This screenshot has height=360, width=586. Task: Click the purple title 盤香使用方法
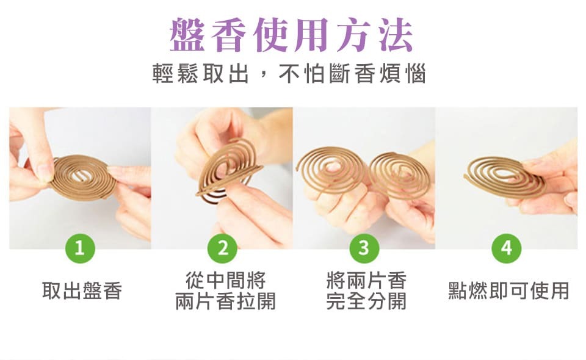292,35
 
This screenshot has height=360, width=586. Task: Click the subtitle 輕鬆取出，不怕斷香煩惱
289,74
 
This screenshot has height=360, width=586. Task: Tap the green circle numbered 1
80,248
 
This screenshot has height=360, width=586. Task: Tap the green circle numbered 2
222,248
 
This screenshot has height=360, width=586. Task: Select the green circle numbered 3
364,248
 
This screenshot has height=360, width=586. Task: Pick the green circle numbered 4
507,248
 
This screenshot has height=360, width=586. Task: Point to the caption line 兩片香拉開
225,301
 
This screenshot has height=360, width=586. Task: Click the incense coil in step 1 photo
82,178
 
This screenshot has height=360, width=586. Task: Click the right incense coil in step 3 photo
400,175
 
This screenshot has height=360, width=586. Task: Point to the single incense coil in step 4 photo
503,176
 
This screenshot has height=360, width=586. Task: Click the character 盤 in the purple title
189,35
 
